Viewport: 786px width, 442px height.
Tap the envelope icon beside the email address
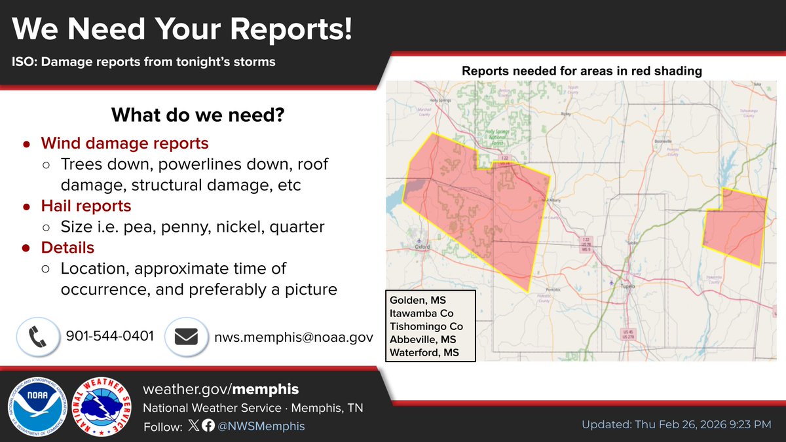[x=186, y=337]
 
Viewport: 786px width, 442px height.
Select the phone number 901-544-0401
[x=110, y=337]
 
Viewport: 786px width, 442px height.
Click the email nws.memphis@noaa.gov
[x=294, y=337]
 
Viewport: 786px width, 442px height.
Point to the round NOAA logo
[x=37, y=406]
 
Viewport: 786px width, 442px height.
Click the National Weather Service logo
[x=105, y=406]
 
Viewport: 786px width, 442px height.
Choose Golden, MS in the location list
[x=417, y=301]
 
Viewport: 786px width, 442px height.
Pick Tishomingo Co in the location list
[x=426, y=327]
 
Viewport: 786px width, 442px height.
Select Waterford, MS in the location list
[x=424, y=352]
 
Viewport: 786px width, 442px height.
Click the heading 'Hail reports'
[x=86, y=206]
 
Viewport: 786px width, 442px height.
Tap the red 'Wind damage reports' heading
[x=124, y=143]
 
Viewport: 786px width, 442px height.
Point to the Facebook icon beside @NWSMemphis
[x=208, y=426]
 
